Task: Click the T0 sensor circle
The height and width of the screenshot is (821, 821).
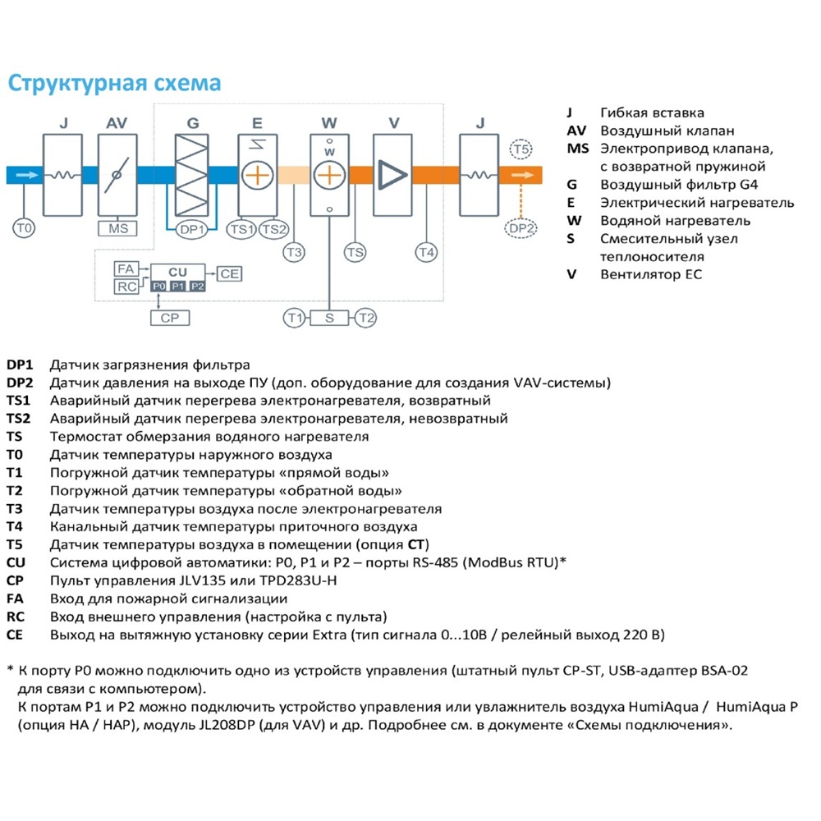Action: click(x=24, y=228)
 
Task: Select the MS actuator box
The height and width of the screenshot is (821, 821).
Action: click(x=117, y=229)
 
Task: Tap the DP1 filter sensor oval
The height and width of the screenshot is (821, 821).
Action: click(x=191, y=229)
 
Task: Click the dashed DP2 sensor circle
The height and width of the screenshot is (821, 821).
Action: click(x=521, y=228)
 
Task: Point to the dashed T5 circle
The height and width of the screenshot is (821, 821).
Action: click(x=521, y=149)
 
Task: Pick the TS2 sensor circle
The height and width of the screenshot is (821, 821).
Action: click(x=274, y=229)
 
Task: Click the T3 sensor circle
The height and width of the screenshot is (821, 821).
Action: click(x=294, y=252)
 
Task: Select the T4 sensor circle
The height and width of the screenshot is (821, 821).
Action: click(x=426, y=252)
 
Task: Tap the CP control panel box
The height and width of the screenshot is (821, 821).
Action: click(x=170, y=318)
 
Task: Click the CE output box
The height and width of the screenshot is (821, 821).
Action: click(x=229, y=273)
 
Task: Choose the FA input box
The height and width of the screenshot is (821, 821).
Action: click(x=126, y=269)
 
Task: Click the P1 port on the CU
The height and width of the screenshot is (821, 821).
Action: click(x=178, y=286)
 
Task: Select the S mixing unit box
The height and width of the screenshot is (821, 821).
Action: click(x=329, y=318)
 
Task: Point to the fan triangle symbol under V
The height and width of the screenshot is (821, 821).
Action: click(x=391, y=175)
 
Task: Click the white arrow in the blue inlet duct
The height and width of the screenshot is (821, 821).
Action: click(x=28, y=175)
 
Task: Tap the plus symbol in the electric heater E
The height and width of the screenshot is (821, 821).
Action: click(x=258, y=175)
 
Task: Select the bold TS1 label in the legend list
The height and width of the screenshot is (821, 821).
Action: click(x=18, y=401)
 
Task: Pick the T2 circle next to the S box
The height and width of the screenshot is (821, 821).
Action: click(x=366, y=318)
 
